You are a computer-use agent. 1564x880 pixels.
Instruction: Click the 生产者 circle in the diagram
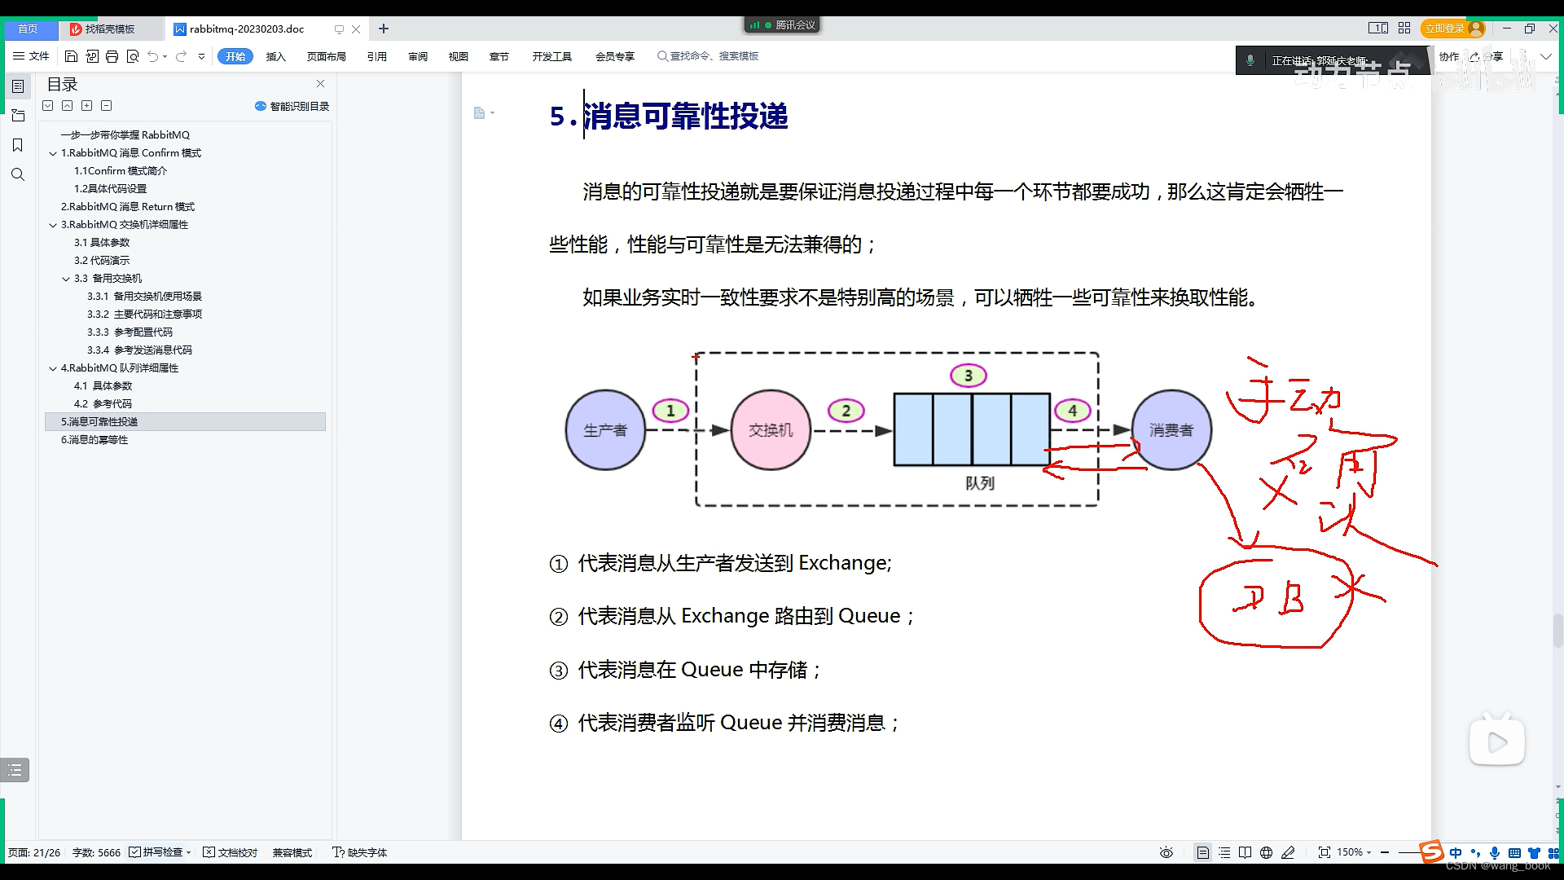tap(605, 430)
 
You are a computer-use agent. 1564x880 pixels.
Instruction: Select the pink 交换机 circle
tap(771, 430)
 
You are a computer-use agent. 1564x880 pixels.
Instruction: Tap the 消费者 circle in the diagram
tap(1171, 430)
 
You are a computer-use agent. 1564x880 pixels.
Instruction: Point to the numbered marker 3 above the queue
tap(969, 376)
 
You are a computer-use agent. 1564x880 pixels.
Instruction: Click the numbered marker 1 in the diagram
tap(670, 411)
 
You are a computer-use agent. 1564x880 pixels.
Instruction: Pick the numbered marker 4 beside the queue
tap(1073, 411)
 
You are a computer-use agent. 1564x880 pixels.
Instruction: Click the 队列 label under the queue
tap(980, 483)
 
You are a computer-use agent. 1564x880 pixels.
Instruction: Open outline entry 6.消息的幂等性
tap(94, 440)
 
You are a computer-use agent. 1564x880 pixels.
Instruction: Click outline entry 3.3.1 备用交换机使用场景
tap(144, 297)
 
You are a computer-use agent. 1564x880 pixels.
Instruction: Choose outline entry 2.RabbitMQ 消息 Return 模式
tap(128, 207)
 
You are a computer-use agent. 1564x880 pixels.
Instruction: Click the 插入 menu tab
tap(276, 56)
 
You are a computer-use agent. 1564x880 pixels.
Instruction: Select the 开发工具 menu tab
tap(551, 56)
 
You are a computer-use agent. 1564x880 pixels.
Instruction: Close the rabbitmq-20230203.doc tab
tap(356, 29)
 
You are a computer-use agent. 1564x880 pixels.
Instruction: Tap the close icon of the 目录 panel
tap(320, 84)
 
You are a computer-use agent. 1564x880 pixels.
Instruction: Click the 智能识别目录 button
tap(292, 106)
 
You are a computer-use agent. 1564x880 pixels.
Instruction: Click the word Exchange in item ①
tap(843, 563)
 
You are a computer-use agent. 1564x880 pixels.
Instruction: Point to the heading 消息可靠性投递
tap(685, 117)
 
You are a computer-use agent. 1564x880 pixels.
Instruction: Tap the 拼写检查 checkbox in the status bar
tap(135, 852)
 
